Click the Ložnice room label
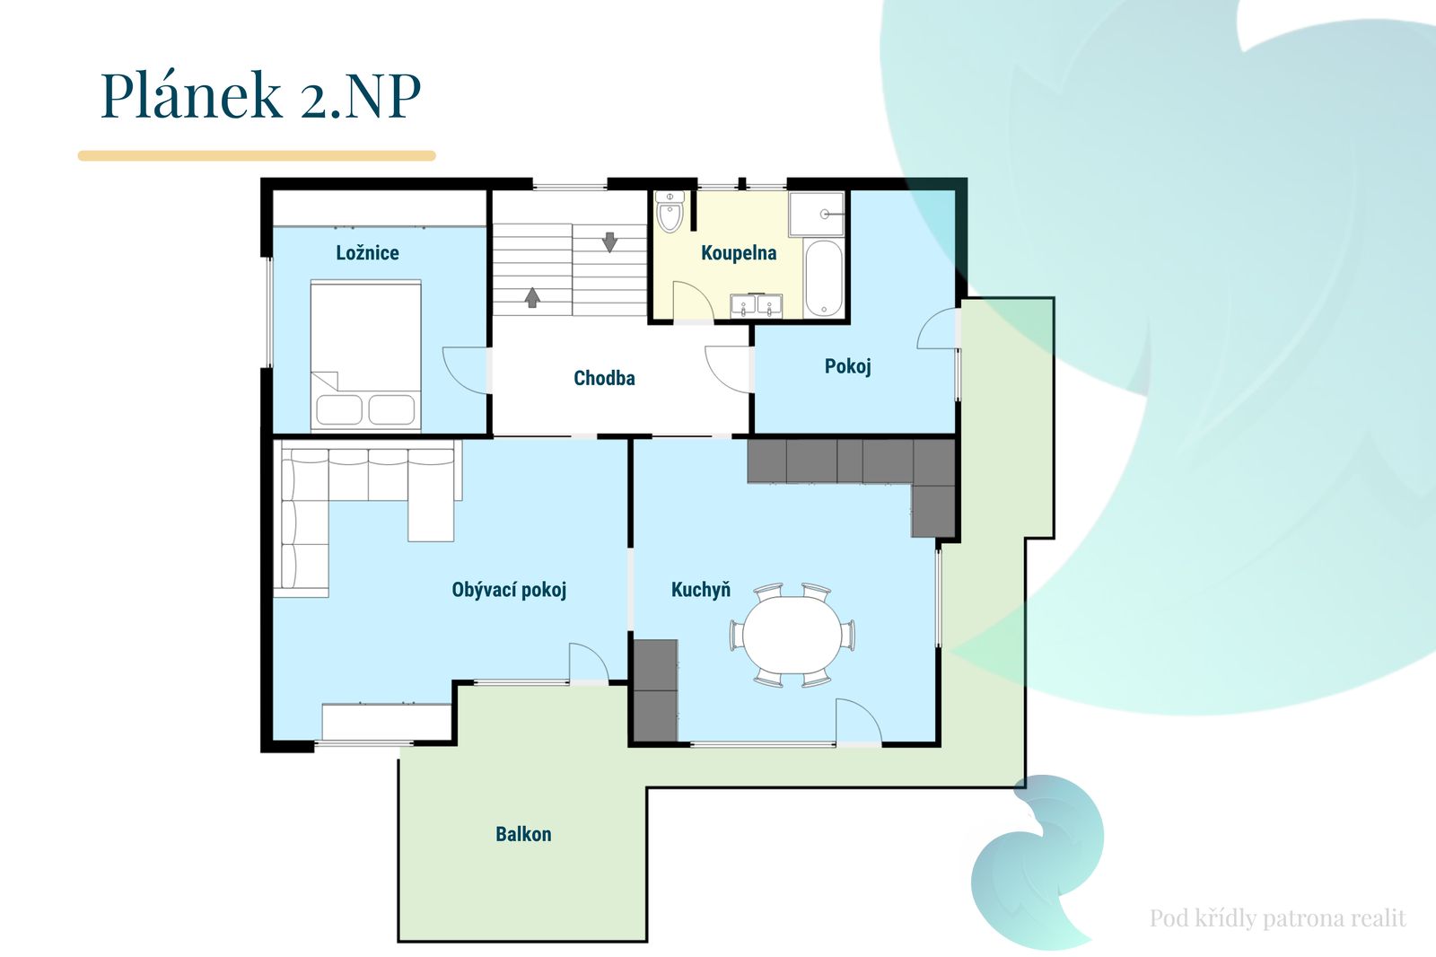pyautogui.click(x=367, y=253)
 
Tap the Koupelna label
pyautogui.click(x=739, y=253)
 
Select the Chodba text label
pyautogui.click(x=604, y=379)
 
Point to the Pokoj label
pyautogui.click(x=847, y=367)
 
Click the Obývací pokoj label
pyautogui.click(x=509, y=590)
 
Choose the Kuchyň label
pyautogui.click(x=701, y=590)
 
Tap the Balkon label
pyautogui.click(x=523, y=835)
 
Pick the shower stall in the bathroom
pyautogui.click(x=817, y=214)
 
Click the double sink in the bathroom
pyautogui.click(x=757, y=306)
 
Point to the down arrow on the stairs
pyautogui.click(x=609, y=241)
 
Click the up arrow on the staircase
pyautogui.click(x=532, y=298)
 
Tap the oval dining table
pyautogui.click(x=792, y=635)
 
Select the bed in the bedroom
pyautogui.click(x=365, y=356)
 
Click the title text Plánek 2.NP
pyautogui.click(x=260, y=95)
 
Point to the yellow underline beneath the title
pyautogui.click(x=257, y=156)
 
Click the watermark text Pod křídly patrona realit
pyautogui.click(x=1278, y=917)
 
